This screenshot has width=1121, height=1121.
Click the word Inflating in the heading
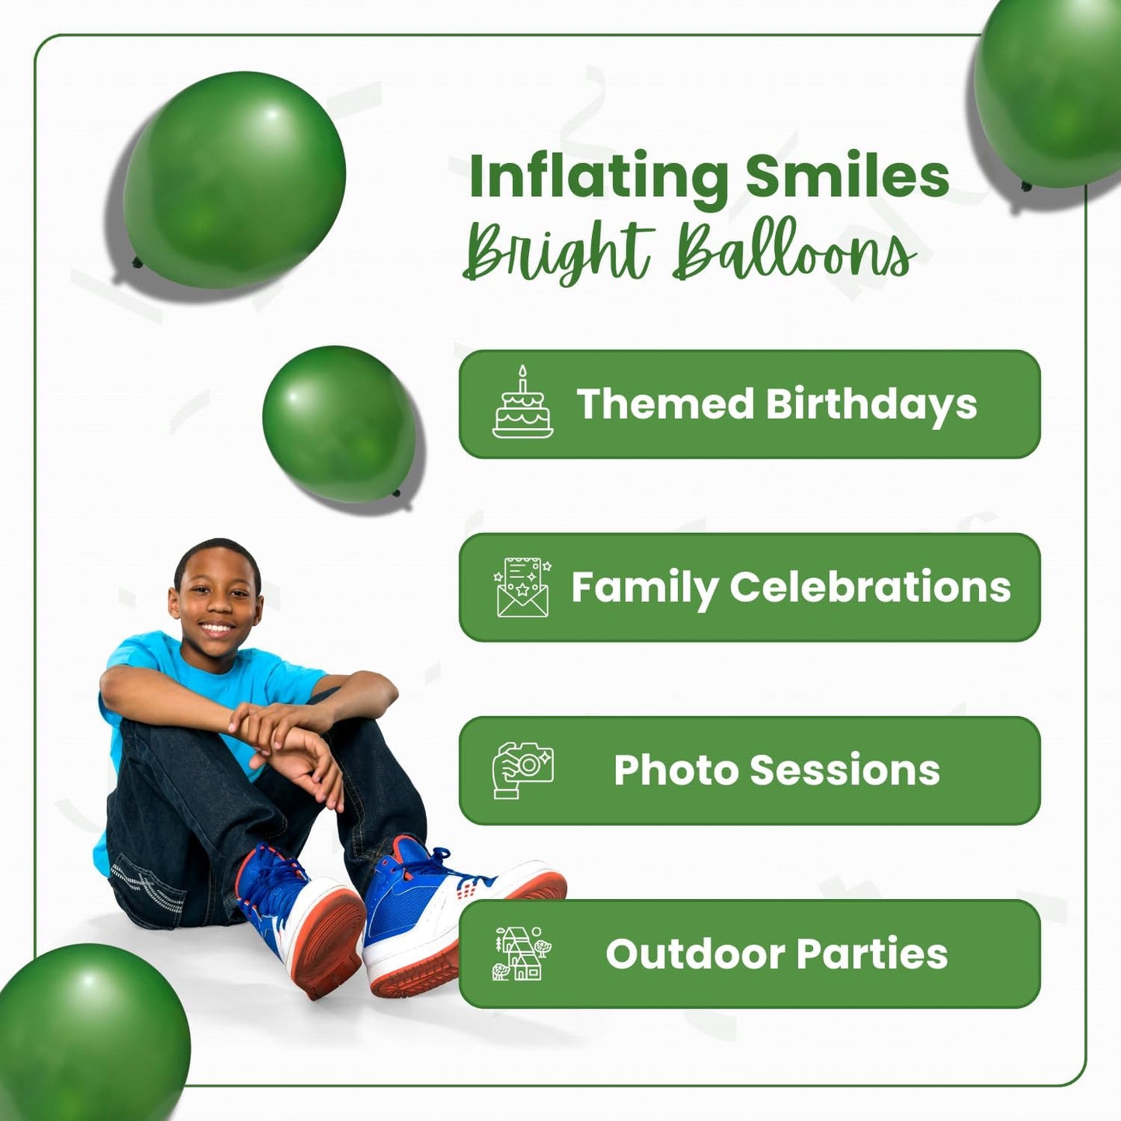pos(597,177)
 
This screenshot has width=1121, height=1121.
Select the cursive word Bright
pos(557,251)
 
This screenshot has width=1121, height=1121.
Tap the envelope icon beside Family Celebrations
pos(523,587)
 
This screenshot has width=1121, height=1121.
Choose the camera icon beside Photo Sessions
pos(523,770)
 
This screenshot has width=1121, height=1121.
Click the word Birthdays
pos(871,405)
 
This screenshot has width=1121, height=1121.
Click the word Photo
pos(676,770)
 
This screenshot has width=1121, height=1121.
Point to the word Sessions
pos(845,770)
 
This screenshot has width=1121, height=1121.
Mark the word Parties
pos(872,953)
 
